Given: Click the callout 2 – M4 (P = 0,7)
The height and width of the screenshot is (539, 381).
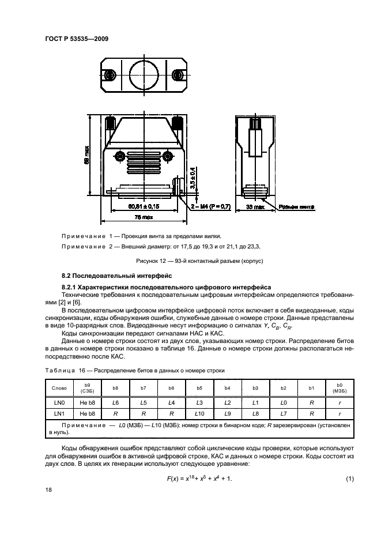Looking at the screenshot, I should click(211, 206).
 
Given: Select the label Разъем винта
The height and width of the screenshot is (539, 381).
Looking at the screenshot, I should click(297, 206).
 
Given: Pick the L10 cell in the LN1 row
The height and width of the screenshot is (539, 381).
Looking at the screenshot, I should click(199, 414).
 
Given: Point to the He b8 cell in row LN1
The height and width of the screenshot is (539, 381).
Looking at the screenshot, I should click(88, 414).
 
